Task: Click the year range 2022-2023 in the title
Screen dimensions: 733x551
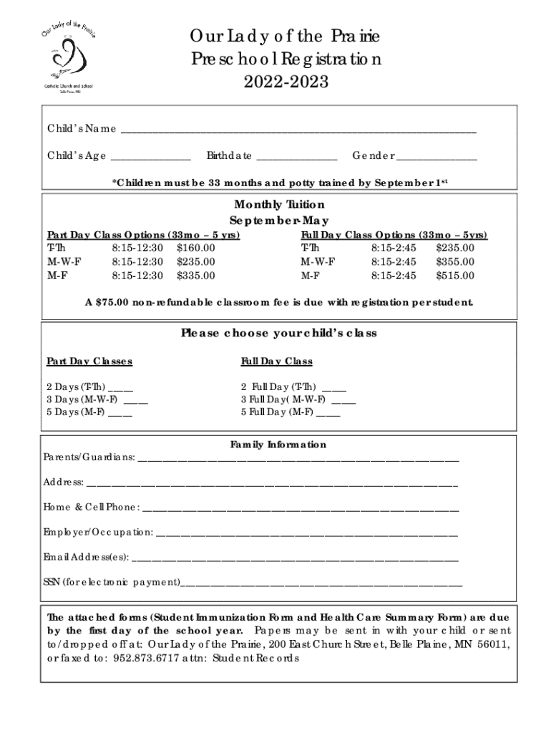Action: click(x=286, y=82)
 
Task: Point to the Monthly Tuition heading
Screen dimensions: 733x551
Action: click(x=279, y=205)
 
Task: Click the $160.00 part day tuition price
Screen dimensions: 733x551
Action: click(x=195, y=248)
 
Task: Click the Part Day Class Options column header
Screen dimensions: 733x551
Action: click(x=143, y=235)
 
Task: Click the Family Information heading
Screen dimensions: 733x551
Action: click(x=278, y=445)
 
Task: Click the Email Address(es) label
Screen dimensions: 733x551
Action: click(x=86, y=556)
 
